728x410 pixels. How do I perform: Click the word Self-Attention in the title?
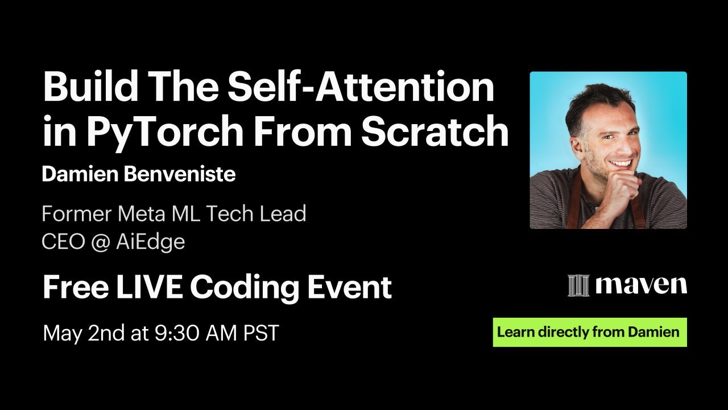click(361, 87)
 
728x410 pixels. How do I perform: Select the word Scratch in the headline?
click(435, 131)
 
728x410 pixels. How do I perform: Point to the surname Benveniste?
click(179, 174)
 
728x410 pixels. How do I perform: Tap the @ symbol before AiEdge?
click(101, 242)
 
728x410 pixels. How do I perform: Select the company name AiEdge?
click(151, 243)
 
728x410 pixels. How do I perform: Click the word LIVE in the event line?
click(149, 286)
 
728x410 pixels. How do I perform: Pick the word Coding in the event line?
click(245, 288)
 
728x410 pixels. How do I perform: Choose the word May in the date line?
click(63, 334)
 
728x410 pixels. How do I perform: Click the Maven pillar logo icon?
click(578, 285)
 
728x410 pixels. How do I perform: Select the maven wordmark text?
click(641, 285)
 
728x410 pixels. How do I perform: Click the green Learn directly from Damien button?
click(590, 332)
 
